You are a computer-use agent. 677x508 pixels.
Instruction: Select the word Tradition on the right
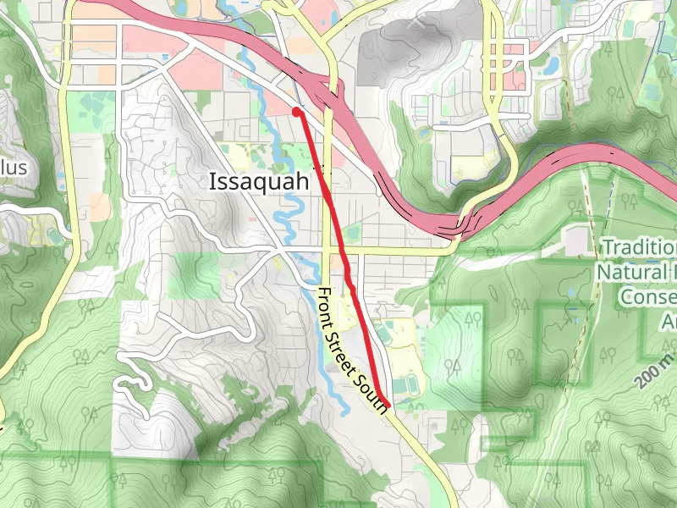pos(639,247)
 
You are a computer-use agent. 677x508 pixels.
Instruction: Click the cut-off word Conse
pos(647,297)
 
